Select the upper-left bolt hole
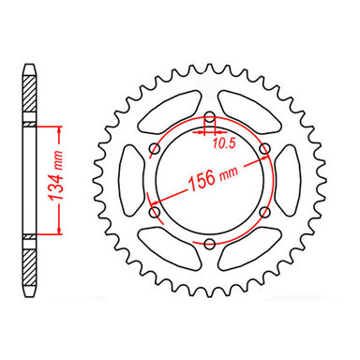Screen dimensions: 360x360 [x=154, y=149]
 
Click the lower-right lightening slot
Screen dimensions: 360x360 [x=246, y=243]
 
